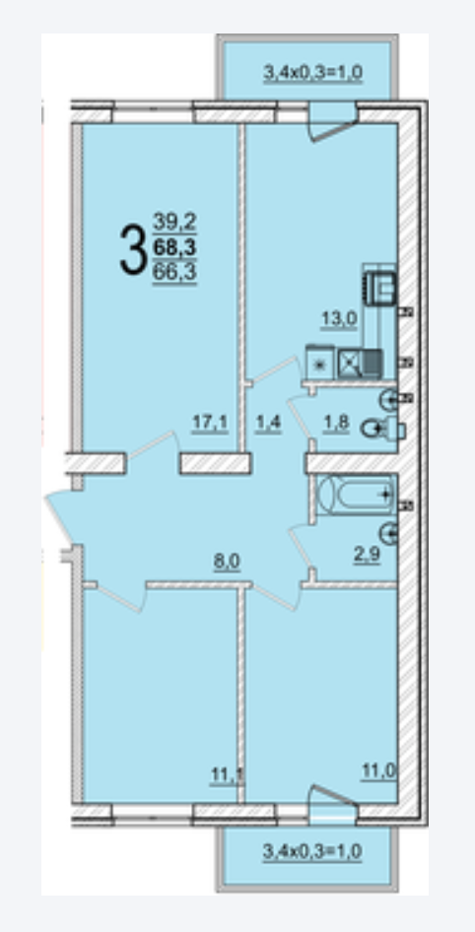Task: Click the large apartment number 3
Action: coord(133,249)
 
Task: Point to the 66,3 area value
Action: coord(175,272)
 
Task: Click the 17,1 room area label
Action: coord(210,422)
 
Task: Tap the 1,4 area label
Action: coord(268,425)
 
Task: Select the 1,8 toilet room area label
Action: coord(336,425)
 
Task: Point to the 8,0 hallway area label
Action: coord(227,561)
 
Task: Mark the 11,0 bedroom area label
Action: coord(379,771)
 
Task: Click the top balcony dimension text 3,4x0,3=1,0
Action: coord(312,73)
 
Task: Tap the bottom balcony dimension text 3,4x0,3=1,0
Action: coord(312,851)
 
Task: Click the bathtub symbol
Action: coord(356,495)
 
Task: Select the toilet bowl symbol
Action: coord(383,428)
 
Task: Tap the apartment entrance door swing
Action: coord(61,514)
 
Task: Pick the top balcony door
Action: coord(333,122)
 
